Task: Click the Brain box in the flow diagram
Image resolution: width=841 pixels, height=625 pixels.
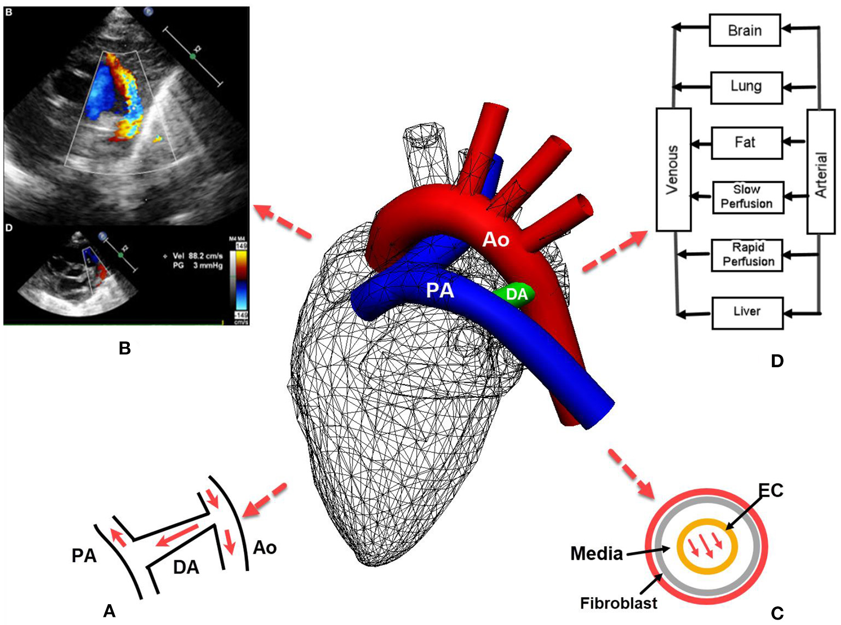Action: (x=745, y=31)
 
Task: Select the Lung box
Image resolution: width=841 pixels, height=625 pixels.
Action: (x=746, y=87)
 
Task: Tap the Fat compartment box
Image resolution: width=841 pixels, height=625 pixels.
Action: (x=746, y=143)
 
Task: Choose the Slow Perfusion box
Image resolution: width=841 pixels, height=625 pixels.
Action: (x=747, y=197)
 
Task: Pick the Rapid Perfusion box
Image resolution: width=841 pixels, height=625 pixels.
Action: (x=747, y=255)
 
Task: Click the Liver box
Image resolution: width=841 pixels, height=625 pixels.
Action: (x=747, y=312)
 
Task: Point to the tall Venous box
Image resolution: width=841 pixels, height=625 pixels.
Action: (x=673, y=170)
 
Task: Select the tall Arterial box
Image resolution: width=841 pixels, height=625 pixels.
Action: (x=821, y=171)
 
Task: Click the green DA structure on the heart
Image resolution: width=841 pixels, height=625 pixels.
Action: (x=516, y=295)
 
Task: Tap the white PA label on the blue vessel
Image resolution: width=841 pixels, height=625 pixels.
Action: (x=440, y=291)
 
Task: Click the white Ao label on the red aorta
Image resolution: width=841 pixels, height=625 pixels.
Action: (x=496, y=240)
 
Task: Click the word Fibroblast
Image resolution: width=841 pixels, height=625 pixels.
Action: (x=619, y=604)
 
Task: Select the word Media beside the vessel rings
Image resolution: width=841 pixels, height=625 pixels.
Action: (x=597, y=554)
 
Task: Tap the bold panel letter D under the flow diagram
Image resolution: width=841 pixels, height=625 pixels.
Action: (x=777, y=361)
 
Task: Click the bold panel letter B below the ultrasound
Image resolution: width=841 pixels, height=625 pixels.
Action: (x=125, y=348)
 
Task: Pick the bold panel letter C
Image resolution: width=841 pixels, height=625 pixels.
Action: (x=777, y=614)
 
